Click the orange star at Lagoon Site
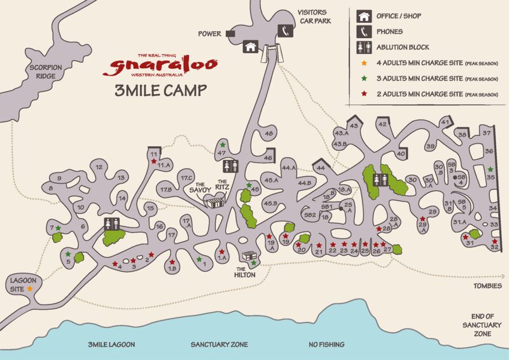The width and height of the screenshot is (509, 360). click(29, 289)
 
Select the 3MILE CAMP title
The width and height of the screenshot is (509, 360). click(160, 90)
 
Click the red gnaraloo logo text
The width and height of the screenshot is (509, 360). click(164, 65)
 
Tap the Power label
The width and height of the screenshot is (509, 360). click(209, 34)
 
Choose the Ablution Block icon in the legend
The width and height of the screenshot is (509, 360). click(365, 46)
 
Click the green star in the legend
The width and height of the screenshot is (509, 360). click(365, 78)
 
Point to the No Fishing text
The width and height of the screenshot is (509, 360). click(326, 344)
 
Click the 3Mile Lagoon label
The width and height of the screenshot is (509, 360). click(112, 344)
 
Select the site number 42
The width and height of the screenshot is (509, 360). click(382, 125)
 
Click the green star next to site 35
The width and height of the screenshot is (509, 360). click(491, 169)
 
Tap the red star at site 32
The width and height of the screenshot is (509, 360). click(495, 242)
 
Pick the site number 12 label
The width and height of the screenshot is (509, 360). click(99, 167)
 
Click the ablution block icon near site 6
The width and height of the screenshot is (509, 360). click(112, 224)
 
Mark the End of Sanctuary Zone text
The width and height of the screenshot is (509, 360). click(483, 324)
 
